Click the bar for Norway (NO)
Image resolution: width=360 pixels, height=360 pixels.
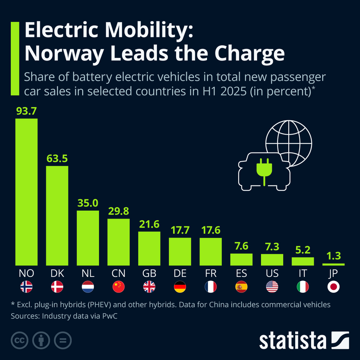click(x=26, y=192)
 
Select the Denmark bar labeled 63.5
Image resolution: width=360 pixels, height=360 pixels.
click(x=57, y=215)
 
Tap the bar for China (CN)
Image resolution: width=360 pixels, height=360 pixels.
click(x=118, y=242)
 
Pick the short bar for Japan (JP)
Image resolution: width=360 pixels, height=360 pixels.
click(x=333, y=264)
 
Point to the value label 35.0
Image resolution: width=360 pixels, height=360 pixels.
click(x=88, y=203)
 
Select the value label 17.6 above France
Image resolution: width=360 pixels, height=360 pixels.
click(x=211, y=230)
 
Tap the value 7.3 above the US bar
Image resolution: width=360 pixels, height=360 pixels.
click(x=272, y=247)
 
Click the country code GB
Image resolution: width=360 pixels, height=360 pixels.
click(x=149, y=274)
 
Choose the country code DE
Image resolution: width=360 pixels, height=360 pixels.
click(x=180, y=274)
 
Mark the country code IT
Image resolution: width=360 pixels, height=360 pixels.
click(x=303, y=274)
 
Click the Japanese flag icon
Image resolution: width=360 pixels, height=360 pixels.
click(x=333, y=287)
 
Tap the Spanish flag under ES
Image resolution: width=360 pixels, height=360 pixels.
click(x=241, y=287)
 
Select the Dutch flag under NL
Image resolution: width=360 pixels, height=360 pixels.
click(x=88, y=287)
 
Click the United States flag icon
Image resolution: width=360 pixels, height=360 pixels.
click(x=272, y=287)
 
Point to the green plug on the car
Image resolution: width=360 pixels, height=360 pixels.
click(x=265, y=169)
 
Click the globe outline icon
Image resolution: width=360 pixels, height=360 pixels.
click(x=289, y=142)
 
